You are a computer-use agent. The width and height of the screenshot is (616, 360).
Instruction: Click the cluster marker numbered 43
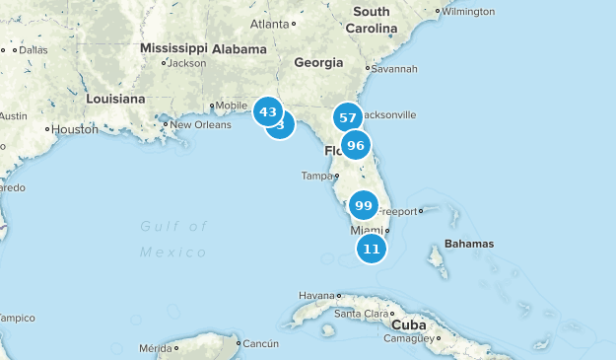point(268,111)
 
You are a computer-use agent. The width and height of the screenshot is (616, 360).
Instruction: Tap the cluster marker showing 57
point(347,117)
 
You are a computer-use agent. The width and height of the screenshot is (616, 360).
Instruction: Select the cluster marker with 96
point(356,146)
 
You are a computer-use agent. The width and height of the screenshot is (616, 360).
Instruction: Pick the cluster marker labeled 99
point(363,205)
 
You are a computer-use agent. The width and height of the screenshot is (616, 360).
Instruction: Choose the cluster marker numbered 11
point(372,249)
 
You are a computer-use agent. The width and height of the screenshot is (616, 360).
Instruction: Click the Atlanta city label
point(270,24)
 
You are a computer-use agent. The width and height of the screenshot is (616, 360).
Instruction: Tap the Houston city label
point(75,129)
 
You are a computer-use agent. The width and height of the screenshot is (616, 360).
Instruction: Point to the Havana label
point(317,295)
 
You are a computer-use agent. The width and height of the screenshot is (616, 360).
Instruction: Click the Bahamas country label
point(469,243)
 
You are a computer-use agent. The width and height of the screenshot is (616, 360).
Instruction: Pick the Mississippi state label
point(173,47)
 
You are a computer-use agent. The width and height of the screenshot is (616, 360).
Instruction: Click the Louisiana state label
point(115,99)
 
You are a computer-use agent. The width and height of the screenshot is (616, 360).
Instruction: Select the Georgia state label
point(318,62)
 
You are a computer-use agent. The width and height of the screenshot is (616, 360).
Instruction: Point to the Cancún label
point(261,343)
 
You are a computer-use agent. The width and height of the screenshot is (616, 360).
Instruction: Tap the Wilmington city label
point(468,12)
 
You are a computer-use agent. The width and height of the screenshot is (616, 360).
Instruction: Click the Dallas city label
point(33,49)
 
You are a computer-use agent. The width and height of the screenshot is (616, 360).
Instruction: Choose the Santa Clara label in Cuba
point(361,314)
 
